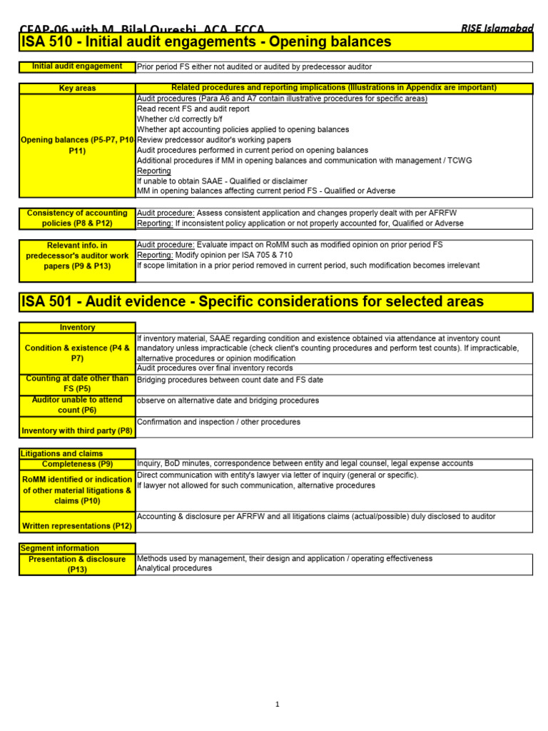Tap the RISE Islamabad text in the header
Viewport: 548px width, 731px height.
(497, 28)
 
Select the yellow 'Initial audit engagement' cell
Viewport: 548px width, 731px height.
(77, 66)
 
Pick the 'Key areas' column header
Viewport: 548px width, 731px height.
(77, 89)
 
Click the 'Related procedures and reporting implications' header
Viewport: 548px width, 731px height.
(334, 88)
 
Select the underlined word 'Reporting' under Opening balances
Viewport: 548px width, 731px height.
(154, 171)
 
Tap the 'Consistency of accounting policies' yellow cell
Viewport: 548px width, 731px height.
(77, 218)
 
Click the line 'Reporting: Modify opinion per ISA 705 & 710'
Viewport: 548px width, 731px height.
(214, 255)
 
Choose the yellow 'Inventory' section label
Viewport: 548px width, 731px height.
(77, 328)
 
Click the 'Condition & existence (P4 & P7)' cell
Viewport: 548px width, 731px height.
(77, 353)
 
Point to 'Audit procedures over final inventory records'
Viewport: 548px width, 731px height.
(214, 368)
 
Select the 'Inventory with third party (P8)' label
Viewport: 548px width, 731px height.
(77, 430)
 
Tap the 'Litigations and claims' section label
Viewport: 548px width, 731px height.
(62, 453)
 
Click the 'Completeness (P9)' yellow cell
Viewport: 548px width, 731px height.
(77, 464)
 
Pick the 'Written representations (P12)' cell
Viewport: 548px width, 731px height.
(77, 526)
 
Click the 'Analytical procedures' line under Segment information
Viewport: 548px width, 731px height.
(174, 568)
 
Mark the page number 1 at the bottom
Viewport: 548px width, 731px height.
(278, 705)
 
